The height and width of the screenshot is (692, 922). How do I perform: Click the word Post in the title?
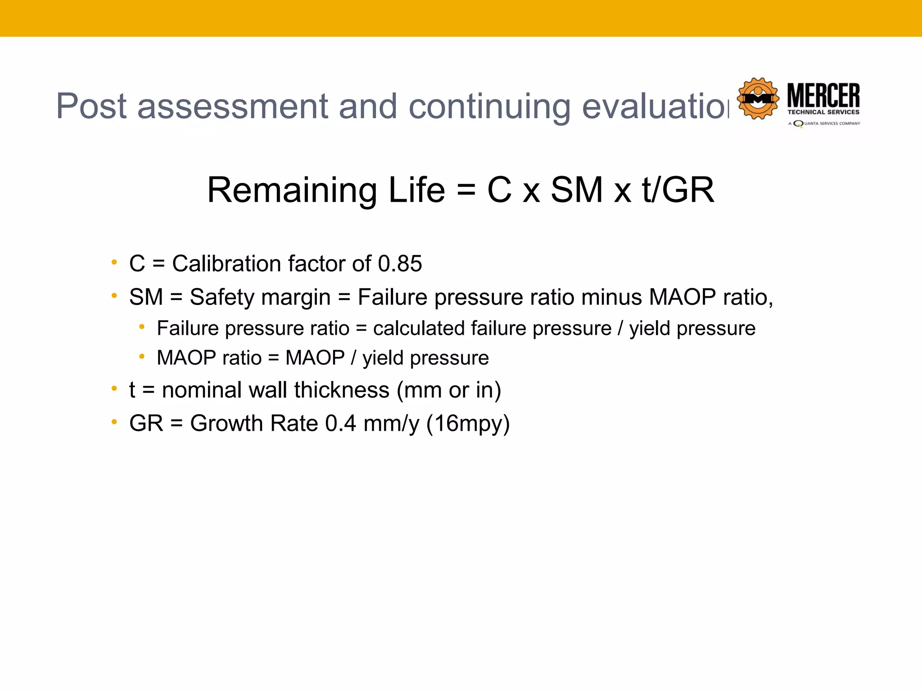[x=91, y=106]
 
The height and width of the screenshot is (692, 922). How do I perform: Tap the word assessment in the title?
[x=232, y=106]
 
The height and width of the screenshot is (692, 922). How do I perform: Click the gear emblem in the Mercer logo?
[x=758, y=99]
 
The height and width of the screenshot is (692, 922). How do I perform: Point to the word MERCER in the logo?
[x=823, y=95]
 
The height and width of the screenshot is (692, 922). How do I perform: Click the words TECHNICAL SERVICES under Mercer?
[x=823, y=112]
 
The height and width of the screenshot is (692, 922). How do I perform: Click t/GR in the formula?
[x=678, y=190]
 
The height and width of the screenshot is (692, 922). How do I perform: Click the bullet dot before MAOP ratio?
[x=142, y=357]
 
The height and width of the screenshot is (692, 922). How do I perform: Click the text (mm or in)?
[x=449, y=390]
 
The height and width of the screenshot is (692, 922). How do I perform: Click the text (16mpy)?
[x=468, y=424]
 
